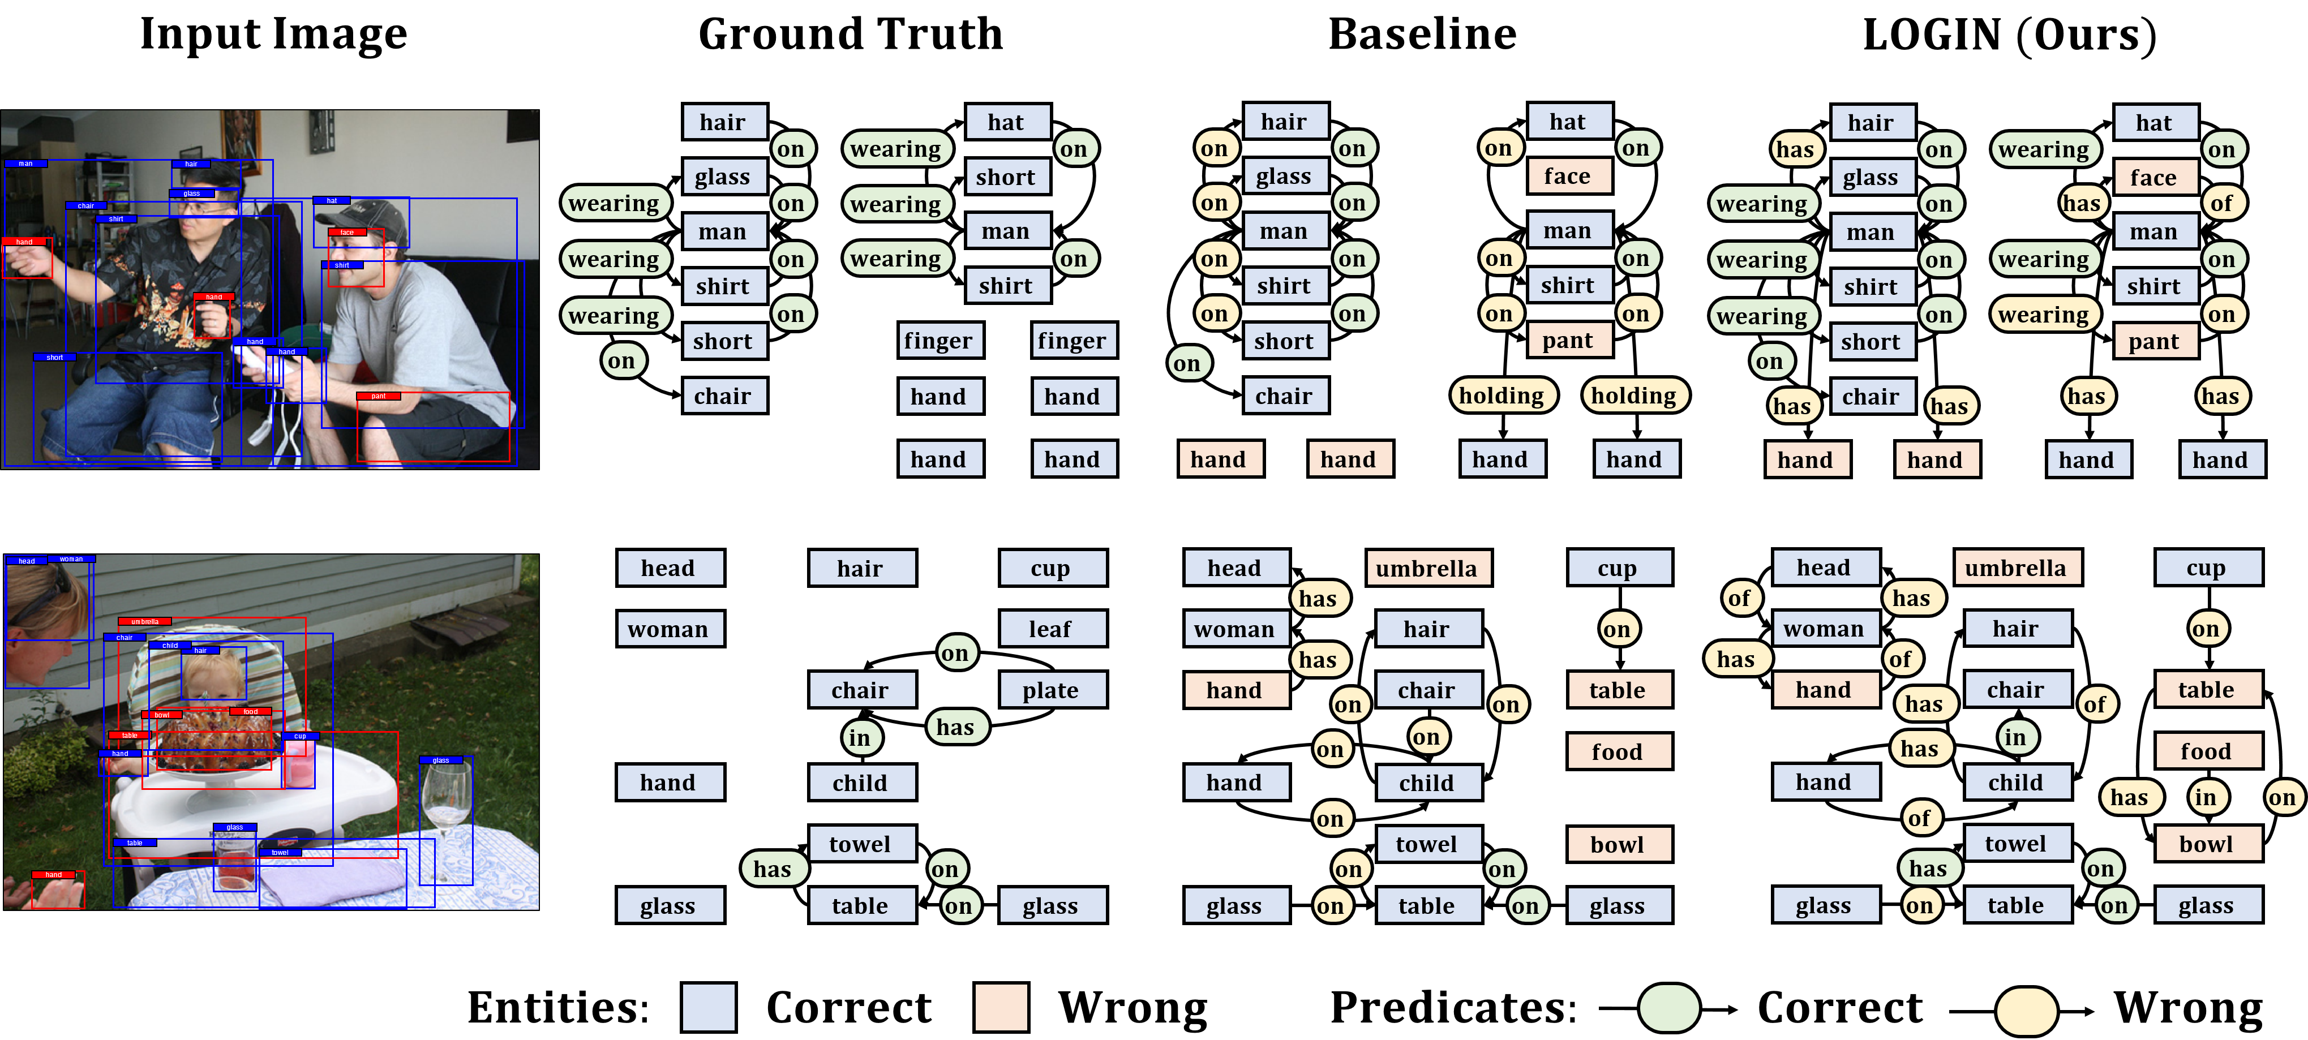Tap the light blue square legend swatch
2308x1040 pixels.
point(708,1007)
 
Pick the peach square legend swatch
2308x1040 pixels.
point(1001,1007)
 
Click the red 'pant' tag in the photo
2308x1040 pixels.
point(378,396)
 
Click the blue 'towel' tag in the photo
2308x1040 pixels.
point(280,853)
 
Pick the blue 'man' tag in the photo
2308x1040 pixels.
point(25,164)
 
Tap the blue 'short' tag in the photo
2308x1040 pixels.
point(55,358)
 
